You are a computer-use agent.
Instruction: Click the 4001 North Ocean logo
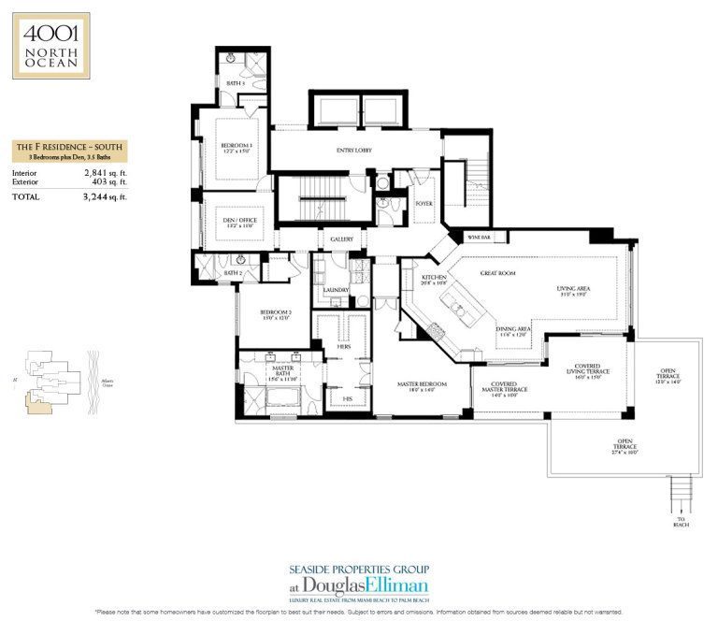coord(51,45)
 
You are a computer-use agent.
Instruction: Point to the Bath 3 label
coord(235,83)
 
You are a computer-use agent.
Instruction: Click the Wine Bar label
coord(480,238)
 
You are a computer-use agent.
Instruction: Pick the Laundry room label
coord(335,290)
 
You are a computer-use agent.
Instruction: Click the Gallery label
coord(341,240)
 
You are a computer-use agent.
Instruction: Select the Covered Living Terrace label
coord(587,369)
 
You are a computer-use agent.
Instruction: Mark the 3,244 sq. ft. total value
coord(104,196)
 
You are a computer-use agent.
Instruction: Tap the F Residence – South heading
coord(68,148)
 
